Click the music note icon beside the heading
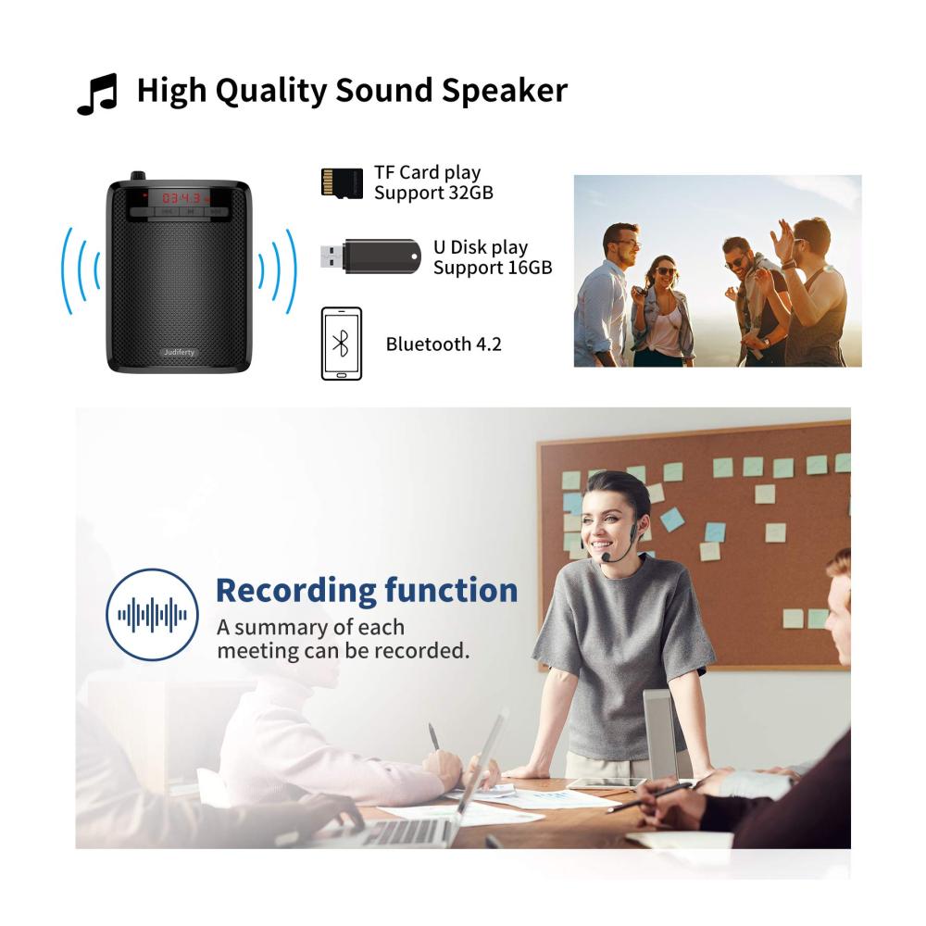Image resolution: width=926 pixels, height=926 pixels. (x=97, y=94)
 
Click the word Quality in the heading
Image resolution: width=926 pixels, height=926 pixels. (x=269, y=92)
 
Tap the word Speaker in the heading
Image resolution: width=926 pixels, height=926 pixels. (x=505, y=91)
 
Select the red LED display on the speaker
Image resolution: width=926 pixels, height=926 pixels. (x=181, y=198)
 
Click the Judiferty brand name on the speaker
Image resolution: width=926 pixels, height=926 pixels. (x=179, y=352)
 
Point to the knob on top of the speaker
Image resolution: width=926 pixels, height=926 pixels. (x=137, y=177)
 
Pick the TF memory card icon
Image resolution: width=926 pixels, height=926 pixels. (x=342, y=181)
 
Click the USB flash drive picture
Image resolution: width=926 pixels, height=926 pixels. (x=370, y=257)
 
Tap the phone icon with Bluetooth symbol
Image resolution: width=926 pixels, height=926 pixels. (x=342, y=344)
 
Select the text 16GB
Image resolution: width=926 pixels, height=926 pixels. (x=530, y=268)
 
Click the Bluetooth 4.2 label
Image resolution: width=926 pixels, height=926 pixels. (x=444, y=344)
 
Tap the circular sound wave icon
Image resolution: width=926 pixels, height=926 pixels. (x=153, y=614)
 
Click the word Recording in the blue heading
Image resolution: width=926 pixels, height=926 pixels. (x=296, y=592)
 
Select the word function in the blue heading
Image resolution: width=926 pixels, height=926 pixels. (x=451, y=590)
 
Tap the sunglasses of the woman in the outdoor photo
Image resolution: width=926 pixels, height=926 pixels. (x=666, y=271)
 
